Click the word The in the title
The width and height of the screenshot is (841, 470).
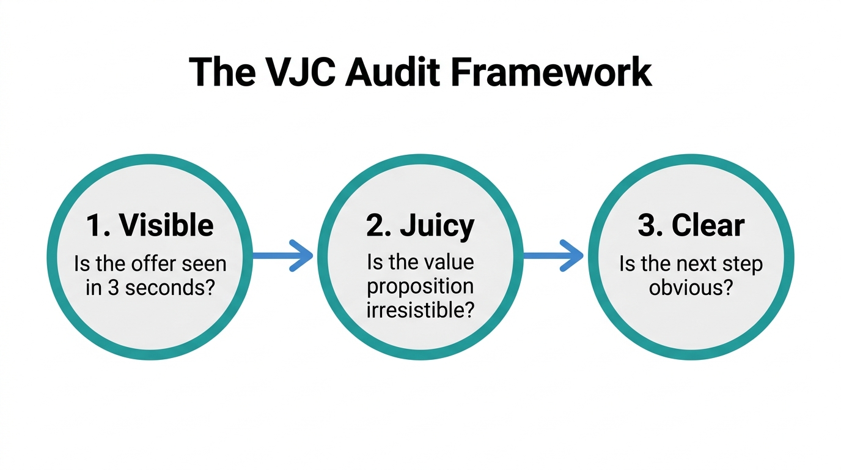coord(222,72)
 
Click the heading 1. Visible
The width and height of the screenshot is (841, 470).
coord(150,225)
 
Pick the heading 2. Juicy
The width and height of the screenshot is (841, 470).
coord(420,226)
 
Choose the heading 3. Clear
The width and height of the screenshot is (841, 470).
coord(691,225)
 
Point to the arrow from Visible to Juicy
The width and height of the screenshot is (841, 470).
coord(282,255)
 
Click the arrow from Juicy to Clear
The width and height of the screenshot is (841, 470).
coord(554,255)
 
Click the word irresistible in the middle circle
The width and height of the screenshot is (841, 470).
coord(420,310)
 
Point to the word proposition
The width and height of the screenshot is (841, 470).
coord(420,286)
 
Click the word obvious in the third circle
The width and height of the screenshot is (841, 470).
coord(691,287)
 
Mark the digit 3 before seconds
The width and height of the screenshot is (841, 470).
coord(112,287)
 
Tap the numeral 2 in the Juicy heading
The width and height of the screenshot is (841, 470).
coord(374,225)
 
